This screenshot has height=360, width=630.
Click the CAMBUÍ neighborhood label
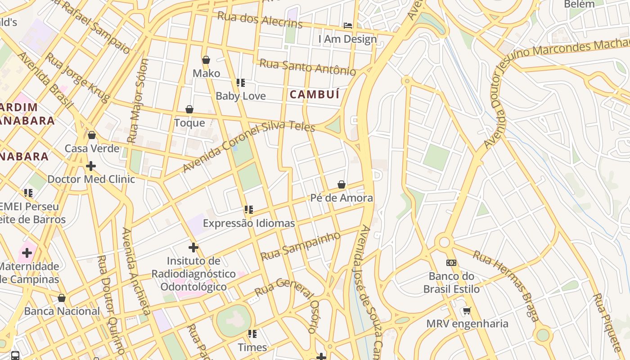pos(314,94)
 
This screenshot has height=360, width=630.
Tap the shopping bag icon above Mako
pos(206,60)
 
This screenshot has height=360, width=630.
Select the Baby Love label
pos(241,96)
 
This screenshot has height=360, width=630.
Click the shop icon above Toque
pos(189,109)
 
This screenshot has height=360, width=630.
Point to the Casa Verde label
pos(92,148)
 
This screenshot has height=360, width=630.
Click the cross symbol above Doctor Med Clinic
pos(91,166)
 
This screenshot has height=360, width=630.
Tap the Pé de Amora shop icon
pos(342,184)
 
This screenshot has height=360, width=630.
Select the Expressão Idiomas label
pos(249,223)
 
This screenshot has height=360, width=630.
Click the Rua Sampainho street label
pos(301,246)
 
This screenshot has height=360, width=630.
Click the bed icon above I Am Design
pos(348,25)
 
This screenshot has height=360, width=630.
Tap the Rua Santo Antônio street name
pos(308,67)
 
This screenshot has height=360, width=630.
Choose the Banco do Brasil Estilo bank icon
pos(451,262)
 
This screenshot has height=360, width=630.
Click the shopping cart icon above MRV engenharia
pos(467,310)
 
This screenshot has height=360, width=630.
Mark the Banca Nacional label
pos(62,311)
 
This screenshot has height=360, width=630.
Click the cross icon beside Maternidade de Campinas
pos(27,252)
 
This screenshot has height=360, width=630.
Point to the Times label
pos(252,347)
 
